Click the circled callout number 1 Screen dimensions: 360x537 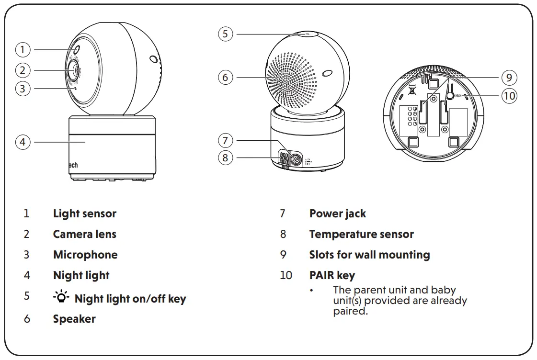(x=23, y=49)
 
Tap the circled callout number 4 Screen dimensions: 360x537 (x=23, y=142)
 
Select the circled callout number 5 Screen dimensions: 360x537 (x=226, y=34)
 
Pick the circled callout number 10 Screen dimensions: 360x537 (x=509, y=96)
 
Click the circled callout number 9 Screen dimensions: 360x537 (x=509, y=77)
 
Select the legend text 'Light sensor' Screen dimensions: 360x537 (x=84, y=214)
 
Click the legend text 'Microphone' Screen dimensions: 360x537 (x=85, y=255)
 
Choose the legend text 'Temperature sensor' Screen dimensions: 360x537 (x=361, y=234)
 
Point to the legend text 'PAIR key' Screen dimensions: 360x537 (x=332, y=275)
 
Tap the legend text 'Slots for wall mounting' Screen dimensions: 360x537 (x=369, y=255)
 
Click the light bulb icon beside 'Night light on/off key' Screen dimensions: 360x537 (x=61, y=298)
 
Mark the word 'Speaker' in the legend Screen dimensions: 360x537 (x=74, y=319)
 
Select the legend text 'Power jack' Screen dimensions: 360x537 (x=337, y=214)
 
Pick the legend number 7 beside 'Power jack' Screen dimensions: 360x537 (x=283, y=214)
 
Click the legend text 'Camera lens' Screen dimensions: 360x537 (x=84, y=234)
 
